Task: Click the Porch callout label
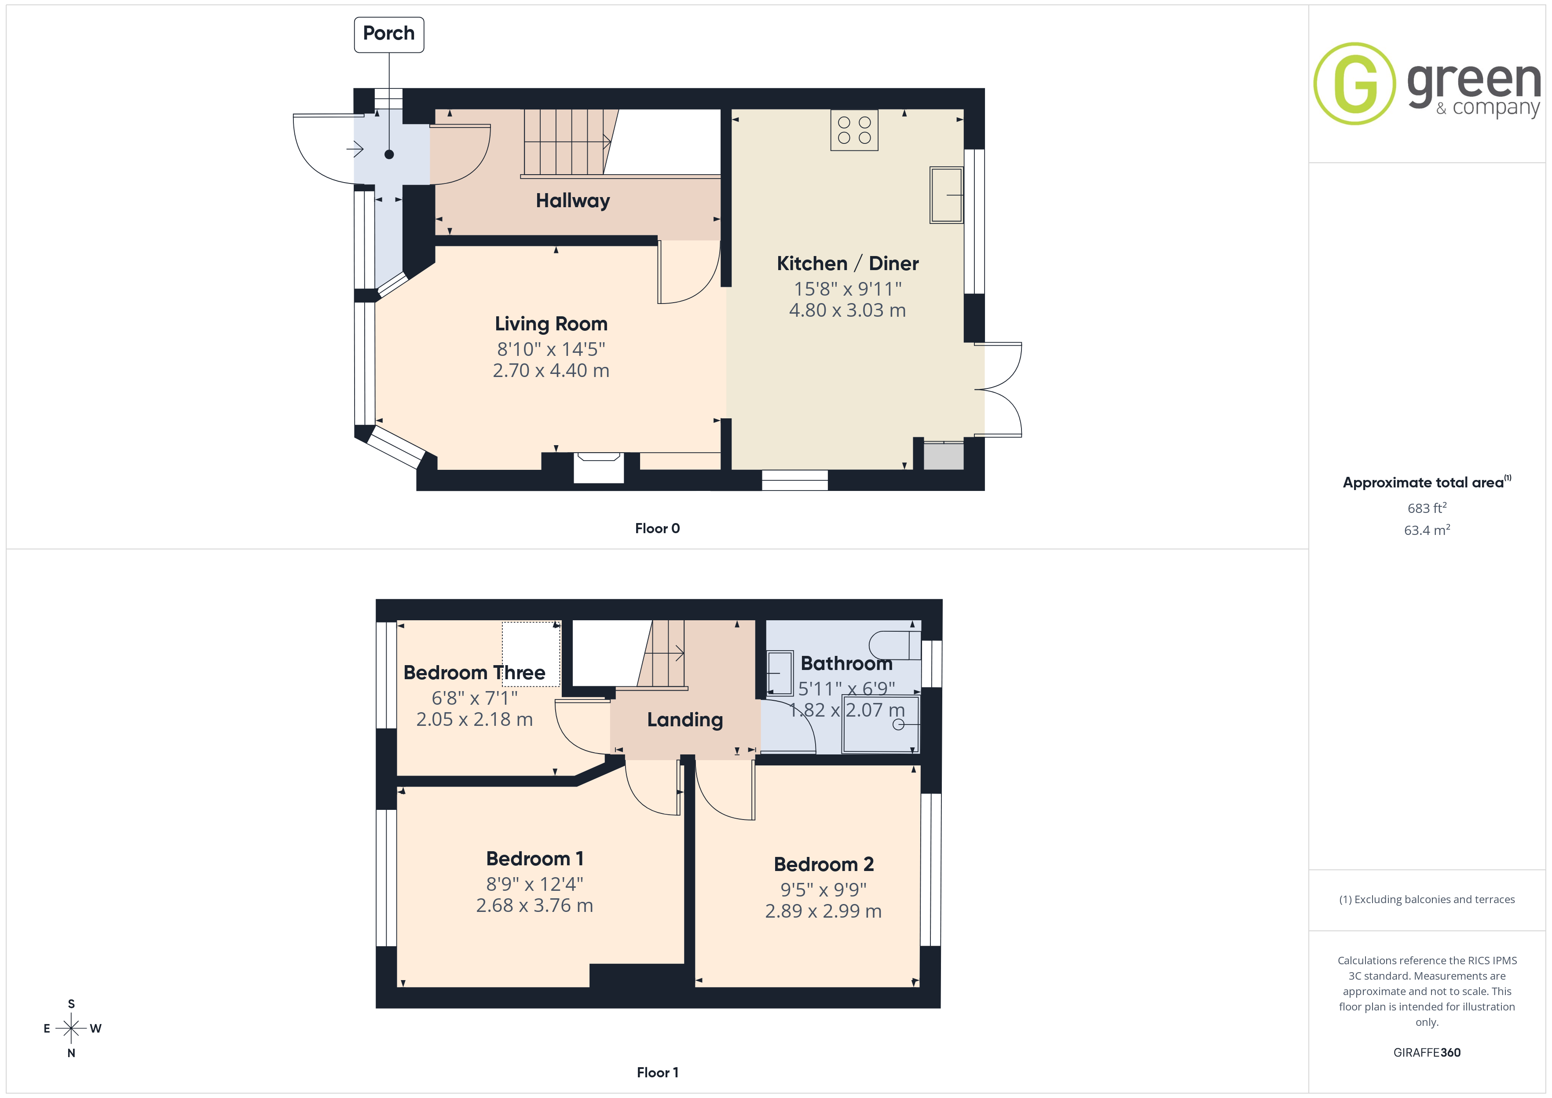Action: click(389, 34)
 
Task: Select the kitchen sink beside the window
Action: click(946, 195)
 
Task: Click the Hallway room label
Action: click(572, 201)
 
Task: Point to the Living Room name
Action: click(551, 324)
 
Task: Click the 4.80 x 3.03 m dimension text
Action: click(847, 310)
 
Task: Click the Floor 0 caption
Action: click(657, 529)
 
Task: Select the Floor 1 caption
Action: click(657, 1072)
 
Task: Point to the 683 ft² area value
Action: click(1427, 508)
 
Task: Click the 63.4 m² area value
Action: click(1427, 530)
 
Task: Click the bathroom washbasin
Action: click(780, 673)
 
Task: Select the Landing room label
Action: click(685, 720)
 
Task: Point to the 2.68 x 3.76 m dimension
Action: click(534, 905)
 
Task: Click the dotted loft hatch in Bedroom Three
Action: click(531, 654)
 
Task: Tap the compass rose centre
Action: click(71, 1028)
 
